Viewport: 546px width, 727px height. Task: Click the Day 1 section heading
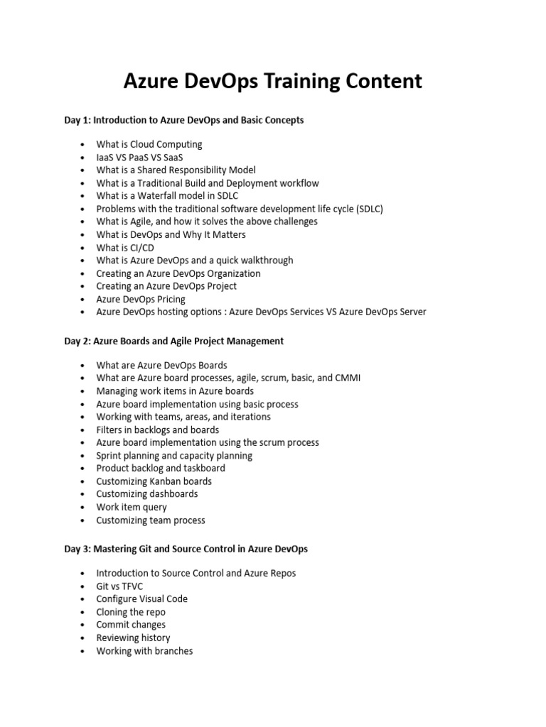(184, 120)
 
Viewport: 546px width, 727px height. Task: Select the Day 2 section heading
(174, 341)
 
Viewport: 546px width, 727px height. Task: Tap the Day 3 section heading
(186, 549)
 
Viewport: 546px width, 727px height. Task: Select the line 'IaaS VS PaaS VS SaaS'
(139, 157)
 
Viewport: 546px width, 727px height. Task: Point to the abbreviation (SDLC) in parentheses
(370, 209)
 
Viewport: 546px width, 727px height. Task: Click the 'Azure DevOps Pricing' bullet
(141, 300)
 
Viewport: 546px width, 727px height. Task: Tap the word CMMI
(348, 378)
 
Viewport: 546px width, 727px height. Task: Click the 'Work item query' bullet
(132, 507)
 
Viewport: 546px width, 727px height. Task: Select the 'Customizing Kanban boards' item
(154, 481)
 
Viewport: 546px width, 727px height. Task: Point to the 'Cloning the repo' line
(131, 612)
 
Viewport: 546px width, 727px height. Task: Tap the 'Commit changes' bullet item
(131, 625)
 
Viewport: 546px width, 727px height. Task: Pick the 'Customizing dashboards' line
(147, 494)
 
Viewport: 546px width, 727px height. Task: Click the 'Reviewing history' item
(133, 638)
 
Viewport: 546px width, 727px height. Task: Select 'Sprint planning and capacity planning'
(174, 456)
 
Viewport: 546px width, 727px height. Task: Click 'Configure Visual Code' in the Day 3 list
(142, 598)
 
